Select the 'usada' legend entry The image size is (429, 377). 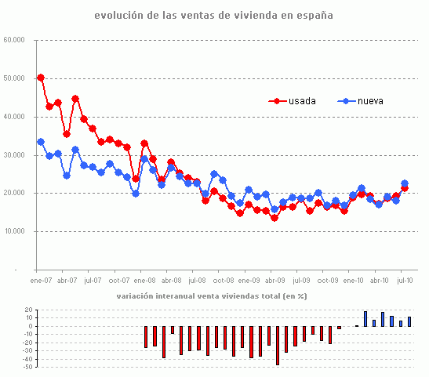tap(302, 101)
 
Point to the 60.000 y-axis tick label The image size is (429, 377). tap(15, 40)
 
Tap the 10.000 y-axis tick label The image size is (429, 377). tap(15, 232)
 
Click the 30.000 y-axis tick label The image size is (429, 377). tap(15, 155)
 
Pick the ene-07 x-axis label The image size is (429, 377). tap(41, 280)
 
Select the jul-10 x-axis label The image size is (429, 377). tap(405, 280)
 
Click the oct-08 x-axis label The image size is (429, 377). tap(223, 280)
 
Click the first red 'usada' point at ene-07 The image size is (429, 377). tap(41, 78)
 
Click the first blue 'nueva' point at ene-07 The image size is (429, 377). tap(41, 142)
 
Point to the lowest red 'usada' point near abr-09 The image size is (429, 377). tap(274, 218)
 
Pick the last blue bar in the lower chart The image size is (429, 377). tap(409, 321)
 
